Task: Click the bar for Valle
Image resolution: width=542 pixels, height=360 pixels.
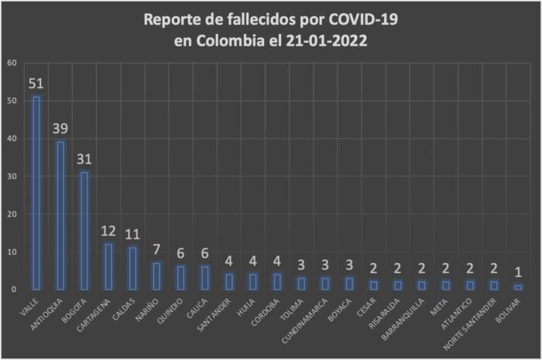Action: click(x=36, y=194)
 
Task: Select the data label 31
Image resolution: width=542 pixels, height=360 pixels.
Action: click(x=84, y=159)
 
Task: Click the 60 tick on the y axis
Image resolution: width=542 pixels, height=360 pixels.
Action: click(x=10, y=63)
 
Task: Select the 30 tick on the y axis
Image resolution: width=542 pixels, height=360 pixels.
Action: click(x=10, y=177)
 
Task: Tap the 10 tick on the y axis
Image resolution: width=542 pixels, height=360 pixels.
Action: click(x=10, y=252)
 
